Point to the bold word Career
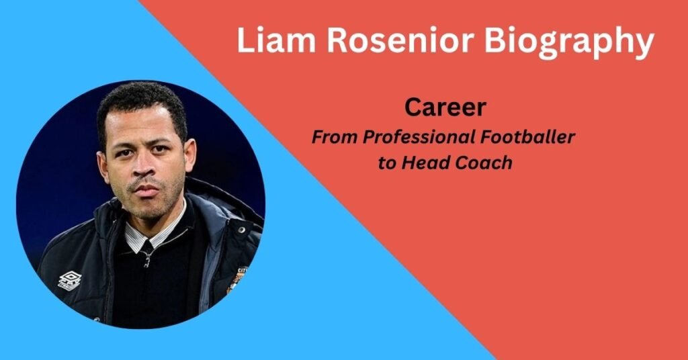coord(445,108)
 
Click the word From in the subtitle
coord(334,137)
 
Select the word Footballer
coord(531,137)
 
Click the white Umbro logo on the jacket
coord(69,280)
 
